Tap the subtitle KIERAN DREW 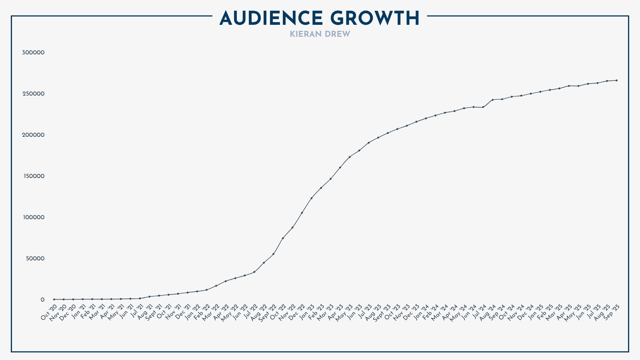[x=320, y=34]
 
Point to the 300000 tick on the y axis [x=33, y=52]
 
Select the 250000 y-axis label [x=33, y=94]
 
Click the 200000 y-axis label [x=33, y=135]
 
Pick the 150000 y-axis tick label [x=33, y=176]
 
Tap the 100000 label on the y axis [x=33, y=217]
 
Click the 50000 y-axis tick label [x=35, y=258]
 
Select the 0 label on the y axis [x=42, y=300]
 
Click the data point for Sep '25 [x=616, y=80]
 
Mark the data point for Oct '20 [x=54, y=299]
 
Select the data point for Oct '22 [x=283, y=238]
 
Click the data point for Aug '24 [x=492, y=100]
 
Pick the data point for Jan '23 [x=311, y=198]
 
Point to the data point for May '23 [x=350, y=157]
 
